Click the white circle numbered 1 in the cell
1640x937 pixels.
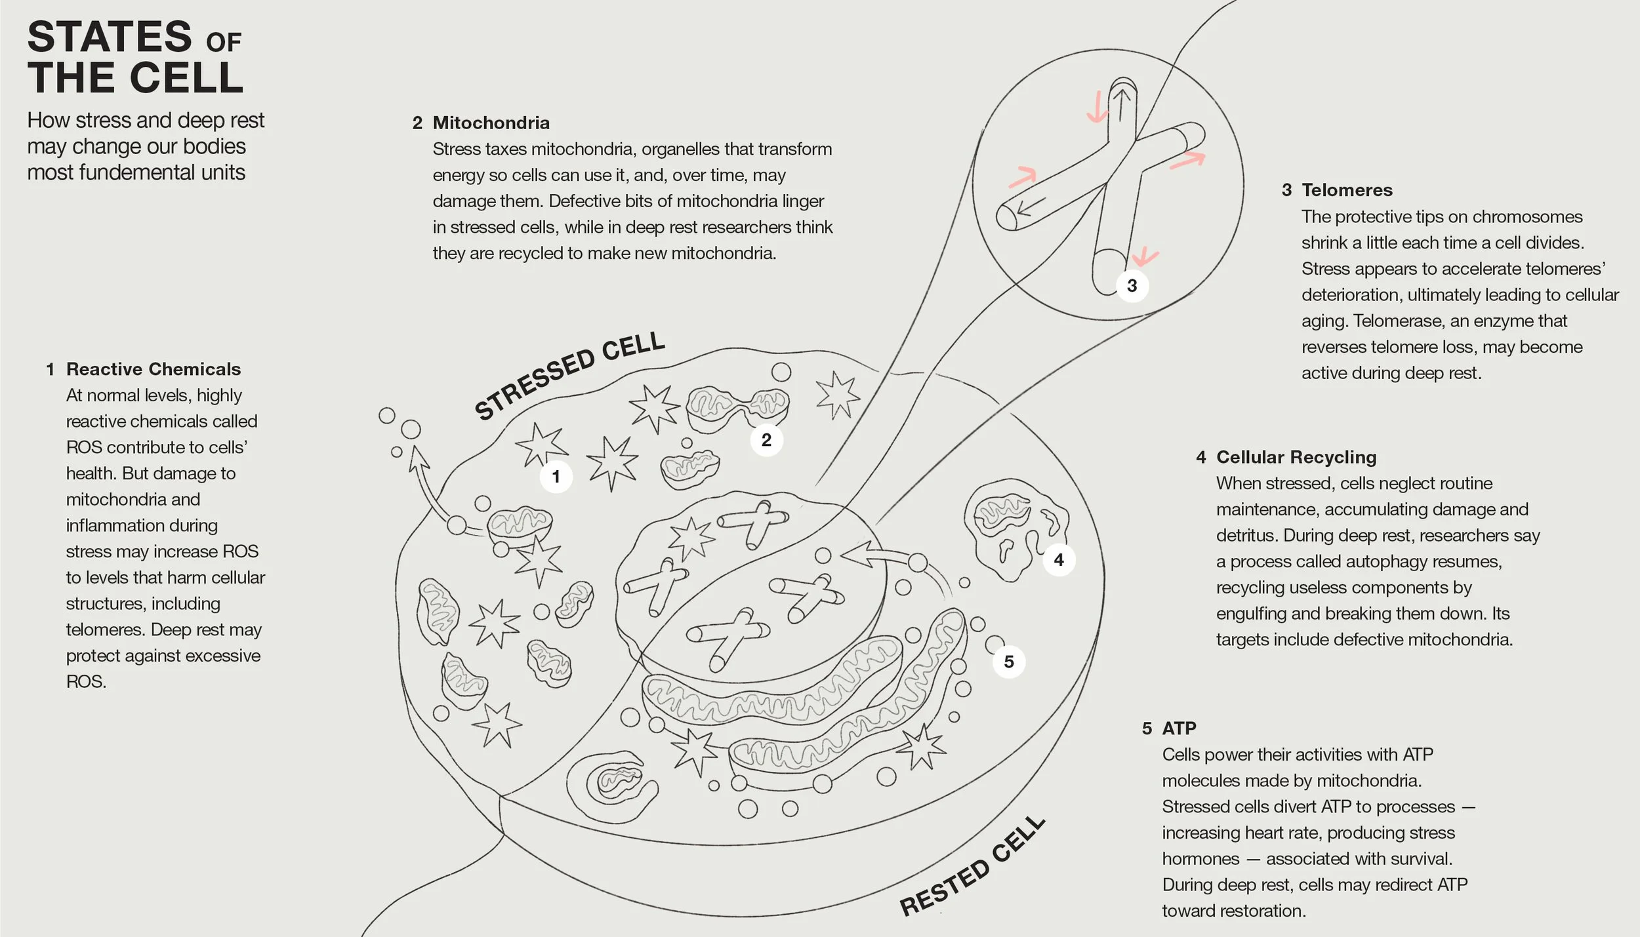pos(556,477)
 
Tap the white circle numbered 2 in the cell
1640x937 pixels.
pos(766,440)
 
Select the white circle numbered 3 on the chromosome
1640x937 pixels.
pos(1132,286)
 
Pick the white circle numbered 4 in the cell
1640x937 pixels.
pos(1058,560)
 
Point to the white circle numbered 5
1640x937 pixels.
pos(1009,662)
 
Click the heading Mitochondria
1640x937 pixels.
pos(491,123)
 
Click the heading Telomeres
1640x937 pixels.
pos(1347,190)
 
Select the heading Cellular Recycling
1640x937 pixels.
pos(1296,457)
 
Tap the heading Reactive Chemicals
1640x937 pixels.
pos(154,369)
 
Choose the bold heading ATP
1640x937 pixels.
pos(1179,728)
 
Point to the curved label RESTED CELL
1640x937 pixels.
pos(972,867)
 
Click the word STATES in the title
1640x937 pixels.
pos(110,37)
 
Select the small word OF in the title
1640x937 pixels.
pos(224,43)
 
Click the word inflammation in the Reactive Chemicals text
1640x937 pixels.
pos(109,525)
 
